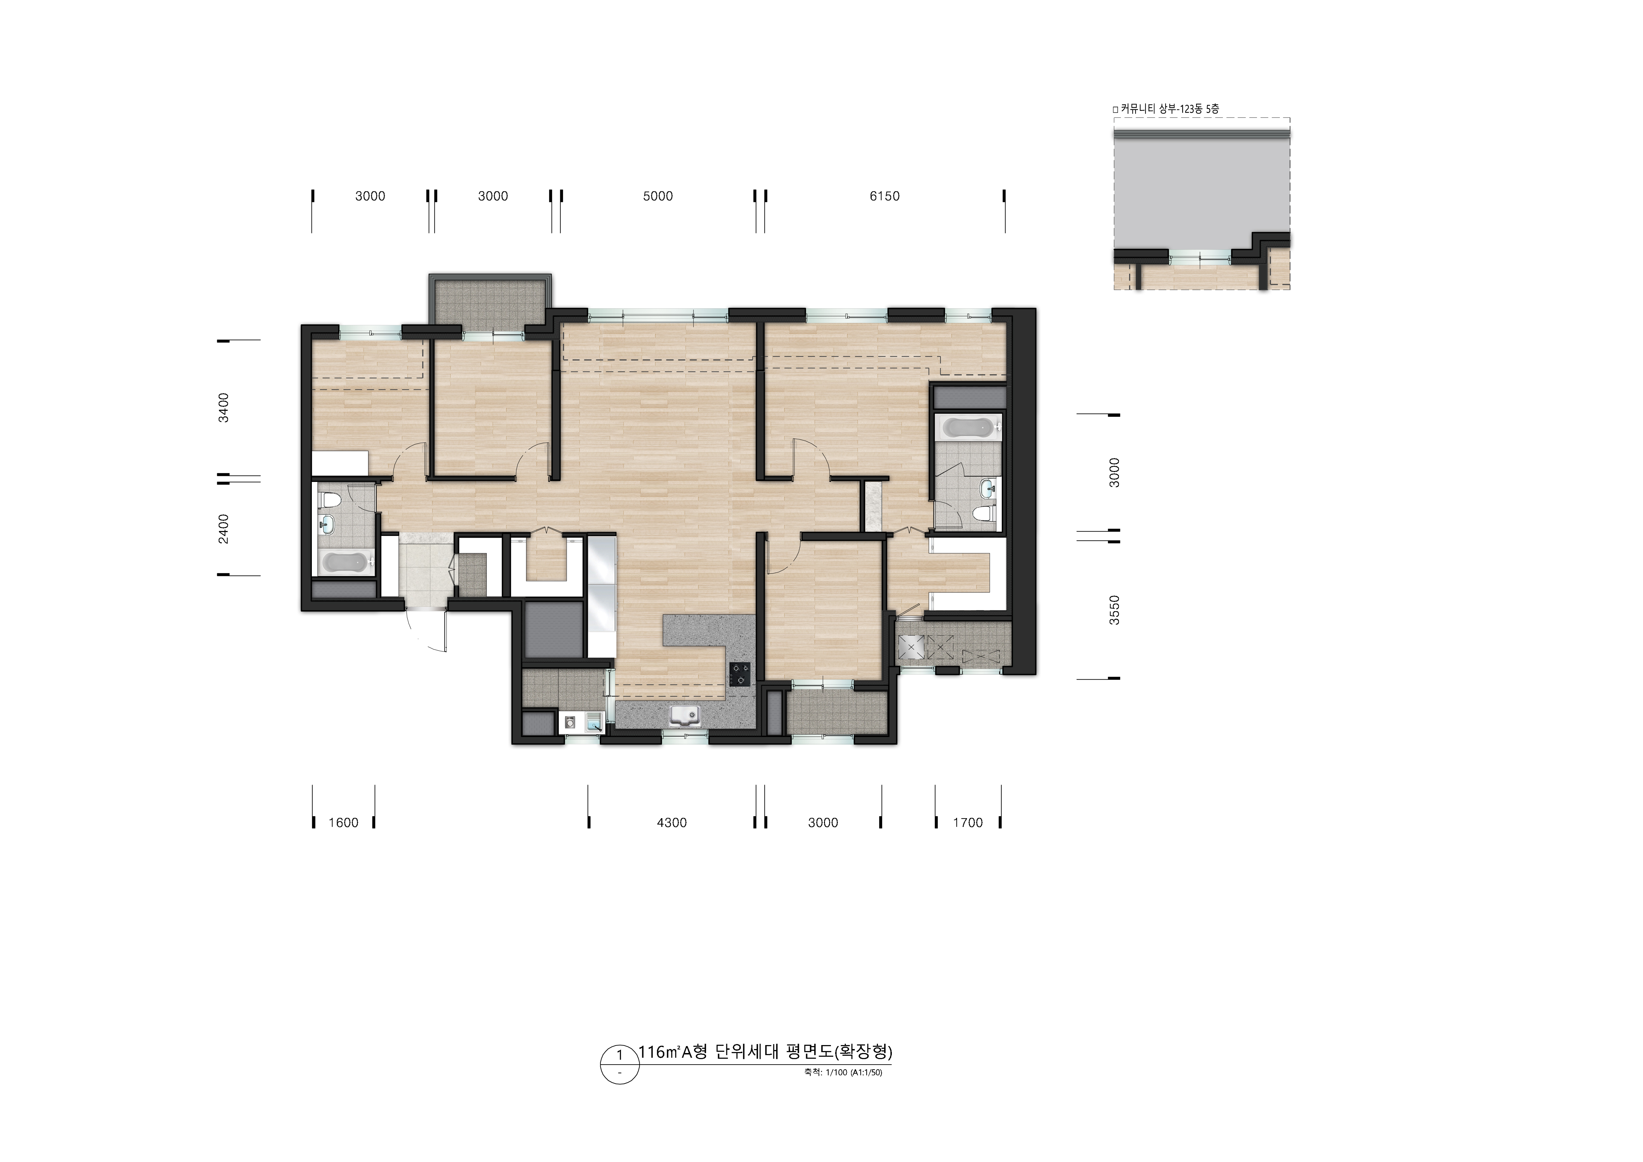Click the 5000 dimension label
pyautogui.click(x=657, y=196)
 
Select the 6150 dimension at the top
pyautogui.click(x=885, y=196)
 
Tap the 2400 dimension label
pyautogui.click(x=224, y=528)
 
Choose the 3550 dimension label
pyautogui.click(x=1114, y=610)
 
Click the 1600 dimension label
pyautogui.click(x=344, y=822)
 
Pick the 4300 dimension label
pyautogui.click(x=672, y=822)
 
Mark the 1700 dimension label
pyautogui.click(x=968, y=822)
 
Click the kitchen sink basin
pyautogui.click(x=685, y=715)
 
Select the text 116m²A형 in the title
pyautogui.click(x=673, y=1052)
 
